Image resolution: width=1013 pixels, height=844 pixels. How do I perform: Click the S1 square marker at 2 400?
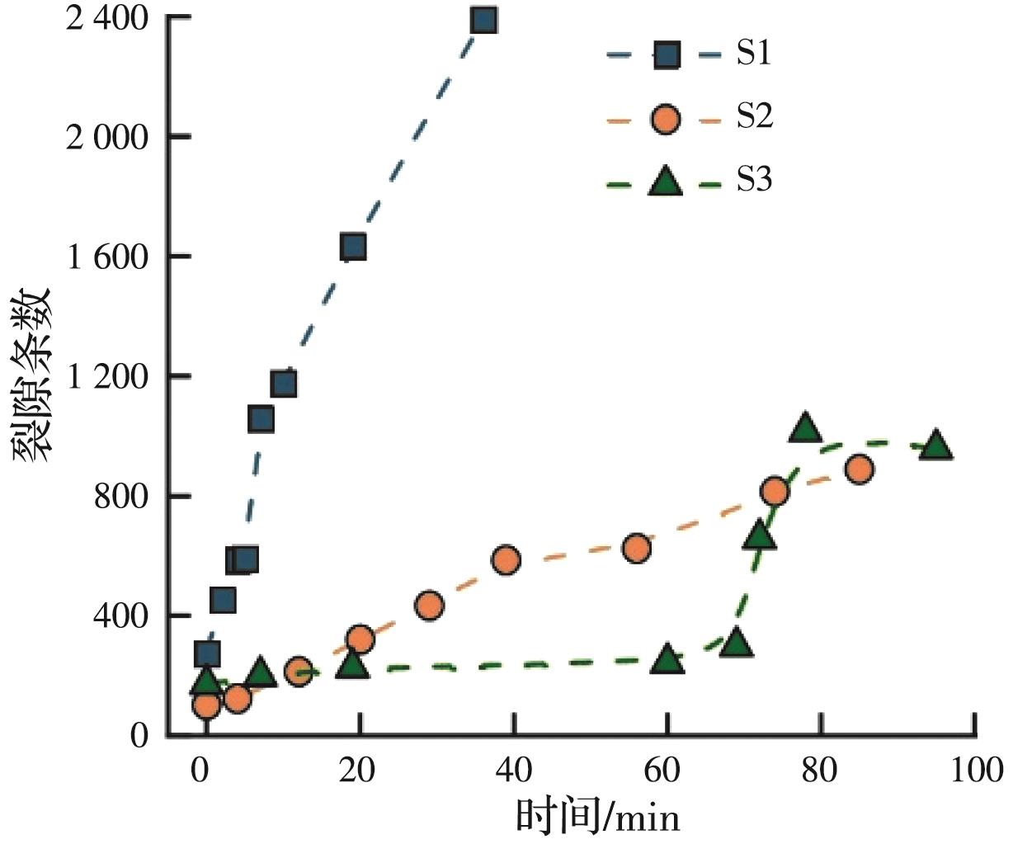click(484, 21)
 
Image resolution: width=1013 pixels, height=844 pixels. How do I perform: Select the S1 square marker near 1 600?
click(353, 247)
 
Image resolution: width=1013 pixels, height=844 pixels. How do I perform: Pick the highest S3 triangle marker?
click(805, 428)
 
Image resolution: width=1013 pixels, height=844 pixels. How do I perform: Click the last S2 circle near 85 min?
click(860, 469)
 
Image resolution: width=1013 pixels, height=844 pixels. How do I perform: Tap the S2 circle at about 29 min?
click(429, 606)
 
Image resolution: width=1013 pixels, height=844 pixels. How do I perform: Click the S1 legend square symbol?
click(666, 56)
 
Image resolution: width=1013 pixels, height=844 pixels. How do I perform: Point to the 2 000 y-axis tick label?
click(101, 137)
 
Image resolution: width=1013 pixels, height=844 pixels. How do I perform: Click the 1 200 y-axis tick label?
click(101, 377)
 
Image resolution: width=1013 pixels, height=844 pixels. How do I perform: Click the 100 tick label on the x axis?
click(976, 771)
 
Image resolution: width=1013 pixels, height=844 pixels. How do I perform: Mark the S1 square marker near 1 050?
click(261, 419)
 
